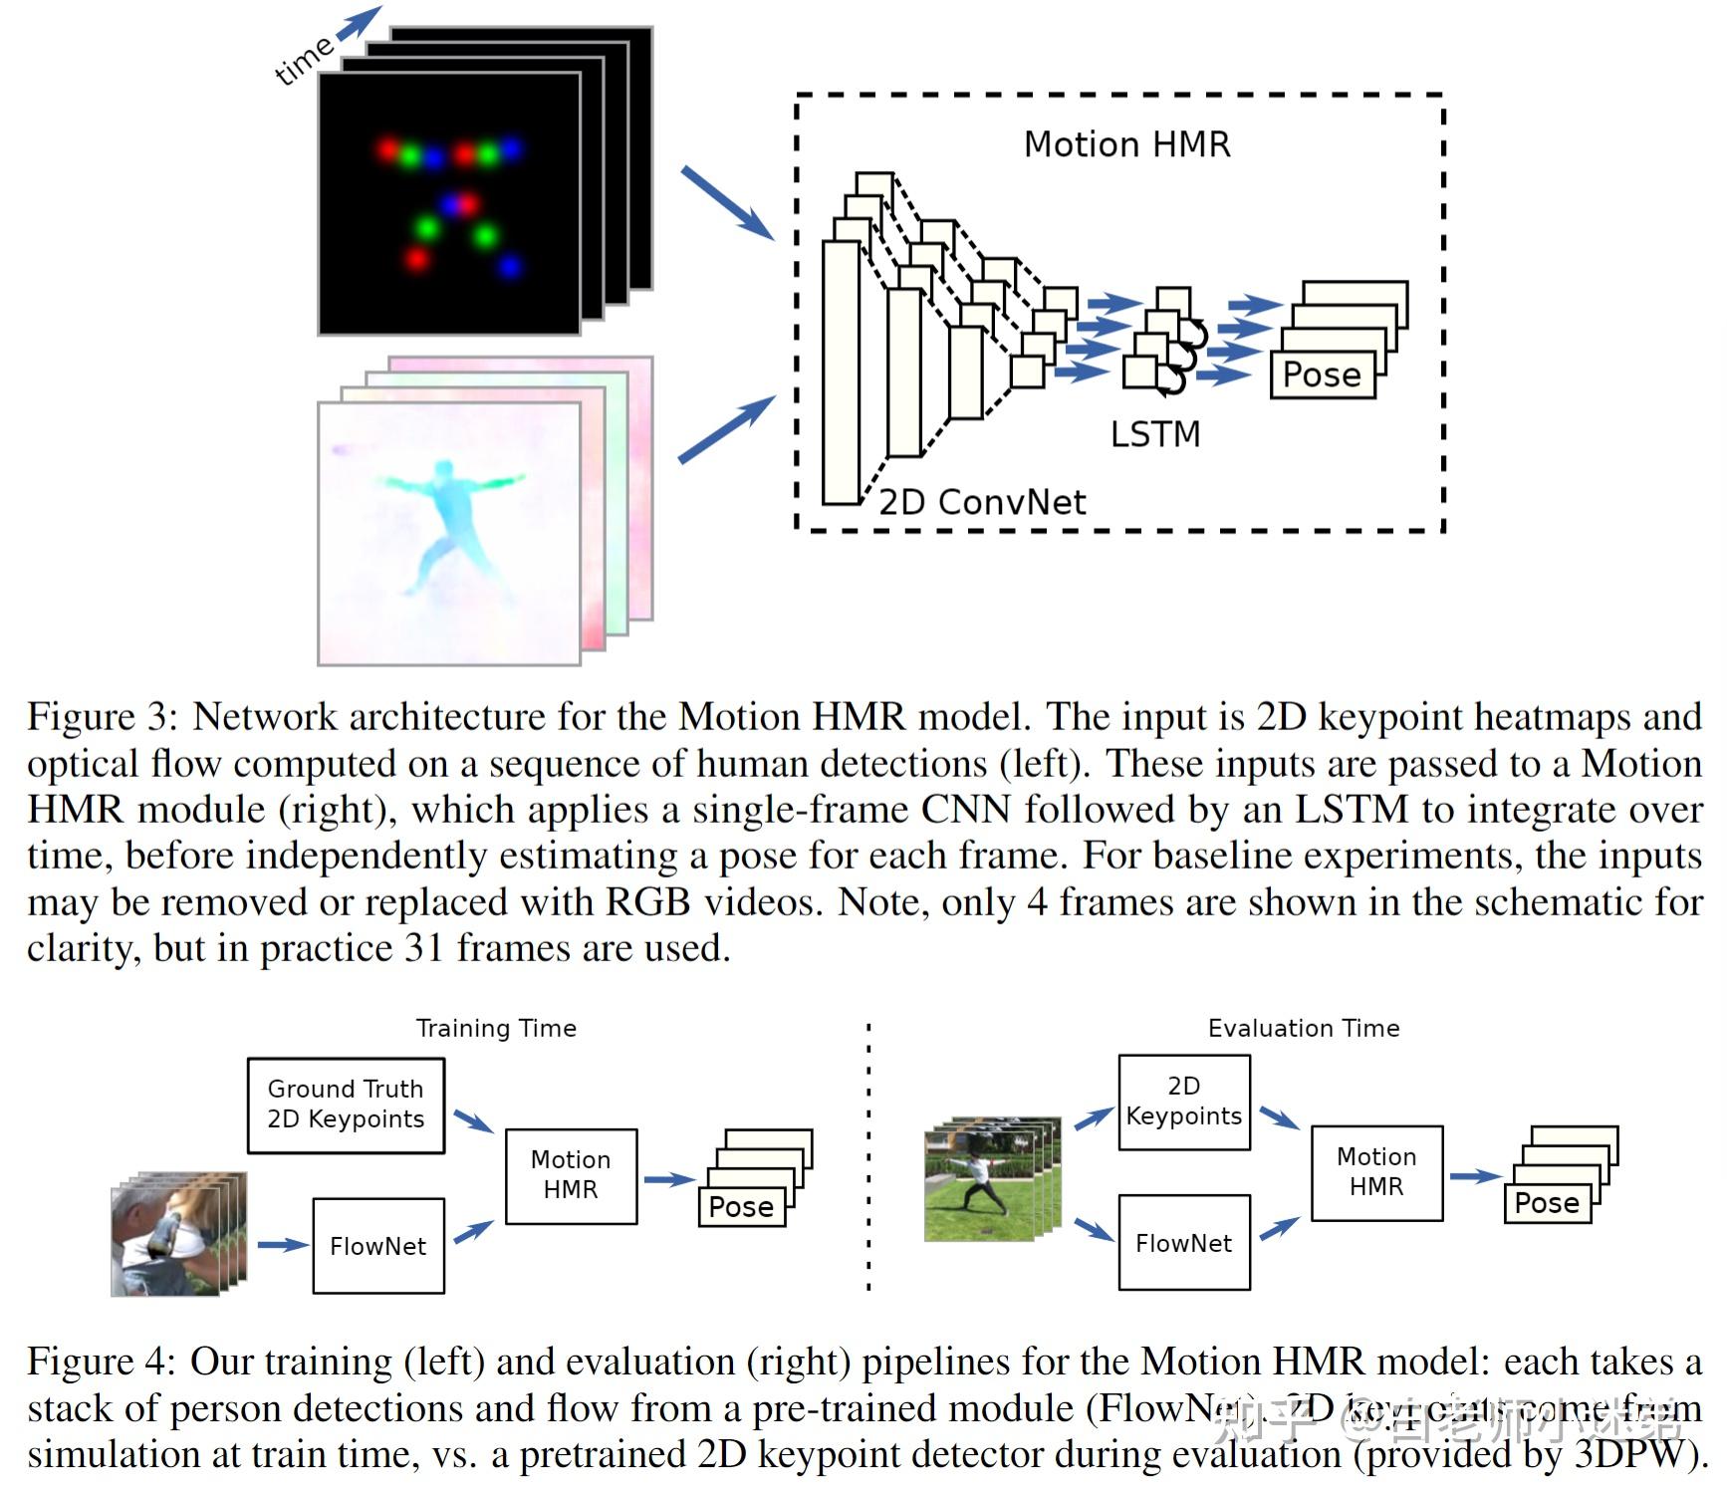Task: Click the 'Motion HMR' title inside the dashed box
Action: click(1126, 144)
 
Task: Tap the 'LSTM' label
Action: click(1154, 434)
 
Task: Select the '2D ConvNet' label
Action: click(982, 502)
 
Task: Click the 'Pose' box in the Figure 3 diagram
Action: click(1322, 374)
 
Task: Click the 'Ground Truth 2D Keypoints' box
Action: click(346, 1105)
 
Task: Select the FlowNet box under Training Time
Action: click(377, 1246)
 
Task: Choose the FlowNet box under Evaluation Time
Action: click(1183, 1243)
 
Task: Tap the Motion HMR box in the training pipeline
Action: click(571, 1175)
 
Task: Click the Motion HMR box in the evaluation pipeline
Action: click(1376, 1172)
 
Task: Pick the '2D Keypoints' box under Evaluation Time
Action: click(1183, 1102)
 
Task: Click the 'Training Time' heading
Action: click(496, 1028)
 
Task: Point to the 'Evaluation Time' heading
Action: click(1303, 1028)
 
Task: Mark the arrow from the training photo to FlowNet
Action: click(282, 1245)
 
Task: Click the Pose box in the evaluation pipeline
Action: click(1546, 1203)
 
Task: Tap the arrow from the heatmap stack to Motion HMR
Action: click(727, 203)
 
